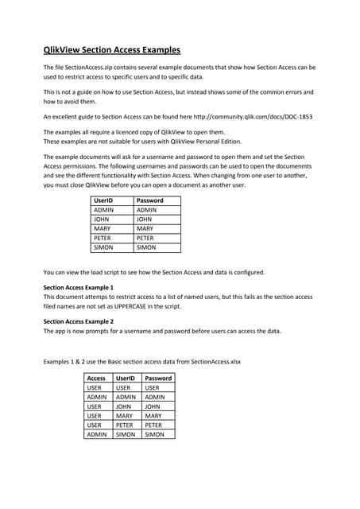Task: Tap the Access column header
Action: coord(96,379)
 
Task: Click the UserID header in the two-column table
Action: coord(103,200)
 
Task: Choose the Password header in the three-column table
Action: coord(158,379)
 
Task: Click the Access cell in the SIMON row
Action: coord(97,435)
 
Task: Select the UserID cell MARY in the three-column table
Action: coord(126,416)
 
